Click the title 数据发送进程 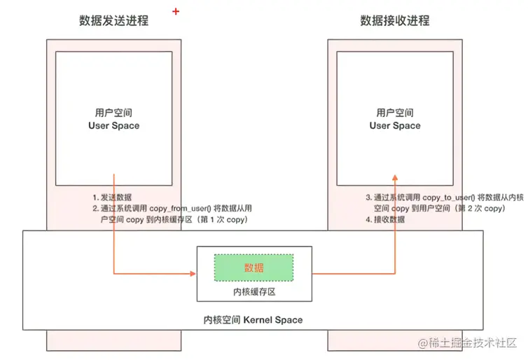pos(114,20)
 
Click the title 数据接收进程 pos(395,20)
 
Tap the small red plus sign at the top pos(175,11)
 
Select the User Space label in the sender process pos(114,125)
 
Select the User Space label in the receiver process pos(395,125)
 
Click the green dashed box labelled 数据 pos(253,268)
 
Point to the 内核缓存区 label pos(253,290)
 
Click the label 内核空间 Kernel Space pos(253,319)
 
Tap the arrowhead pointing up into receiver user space pos(395,179)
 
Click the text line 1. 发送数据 pos(112,197)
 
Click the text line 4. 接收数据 pos(385,220)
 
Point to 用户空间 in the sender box pos(114,112)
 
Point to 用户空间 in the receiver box pos(395,112)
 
